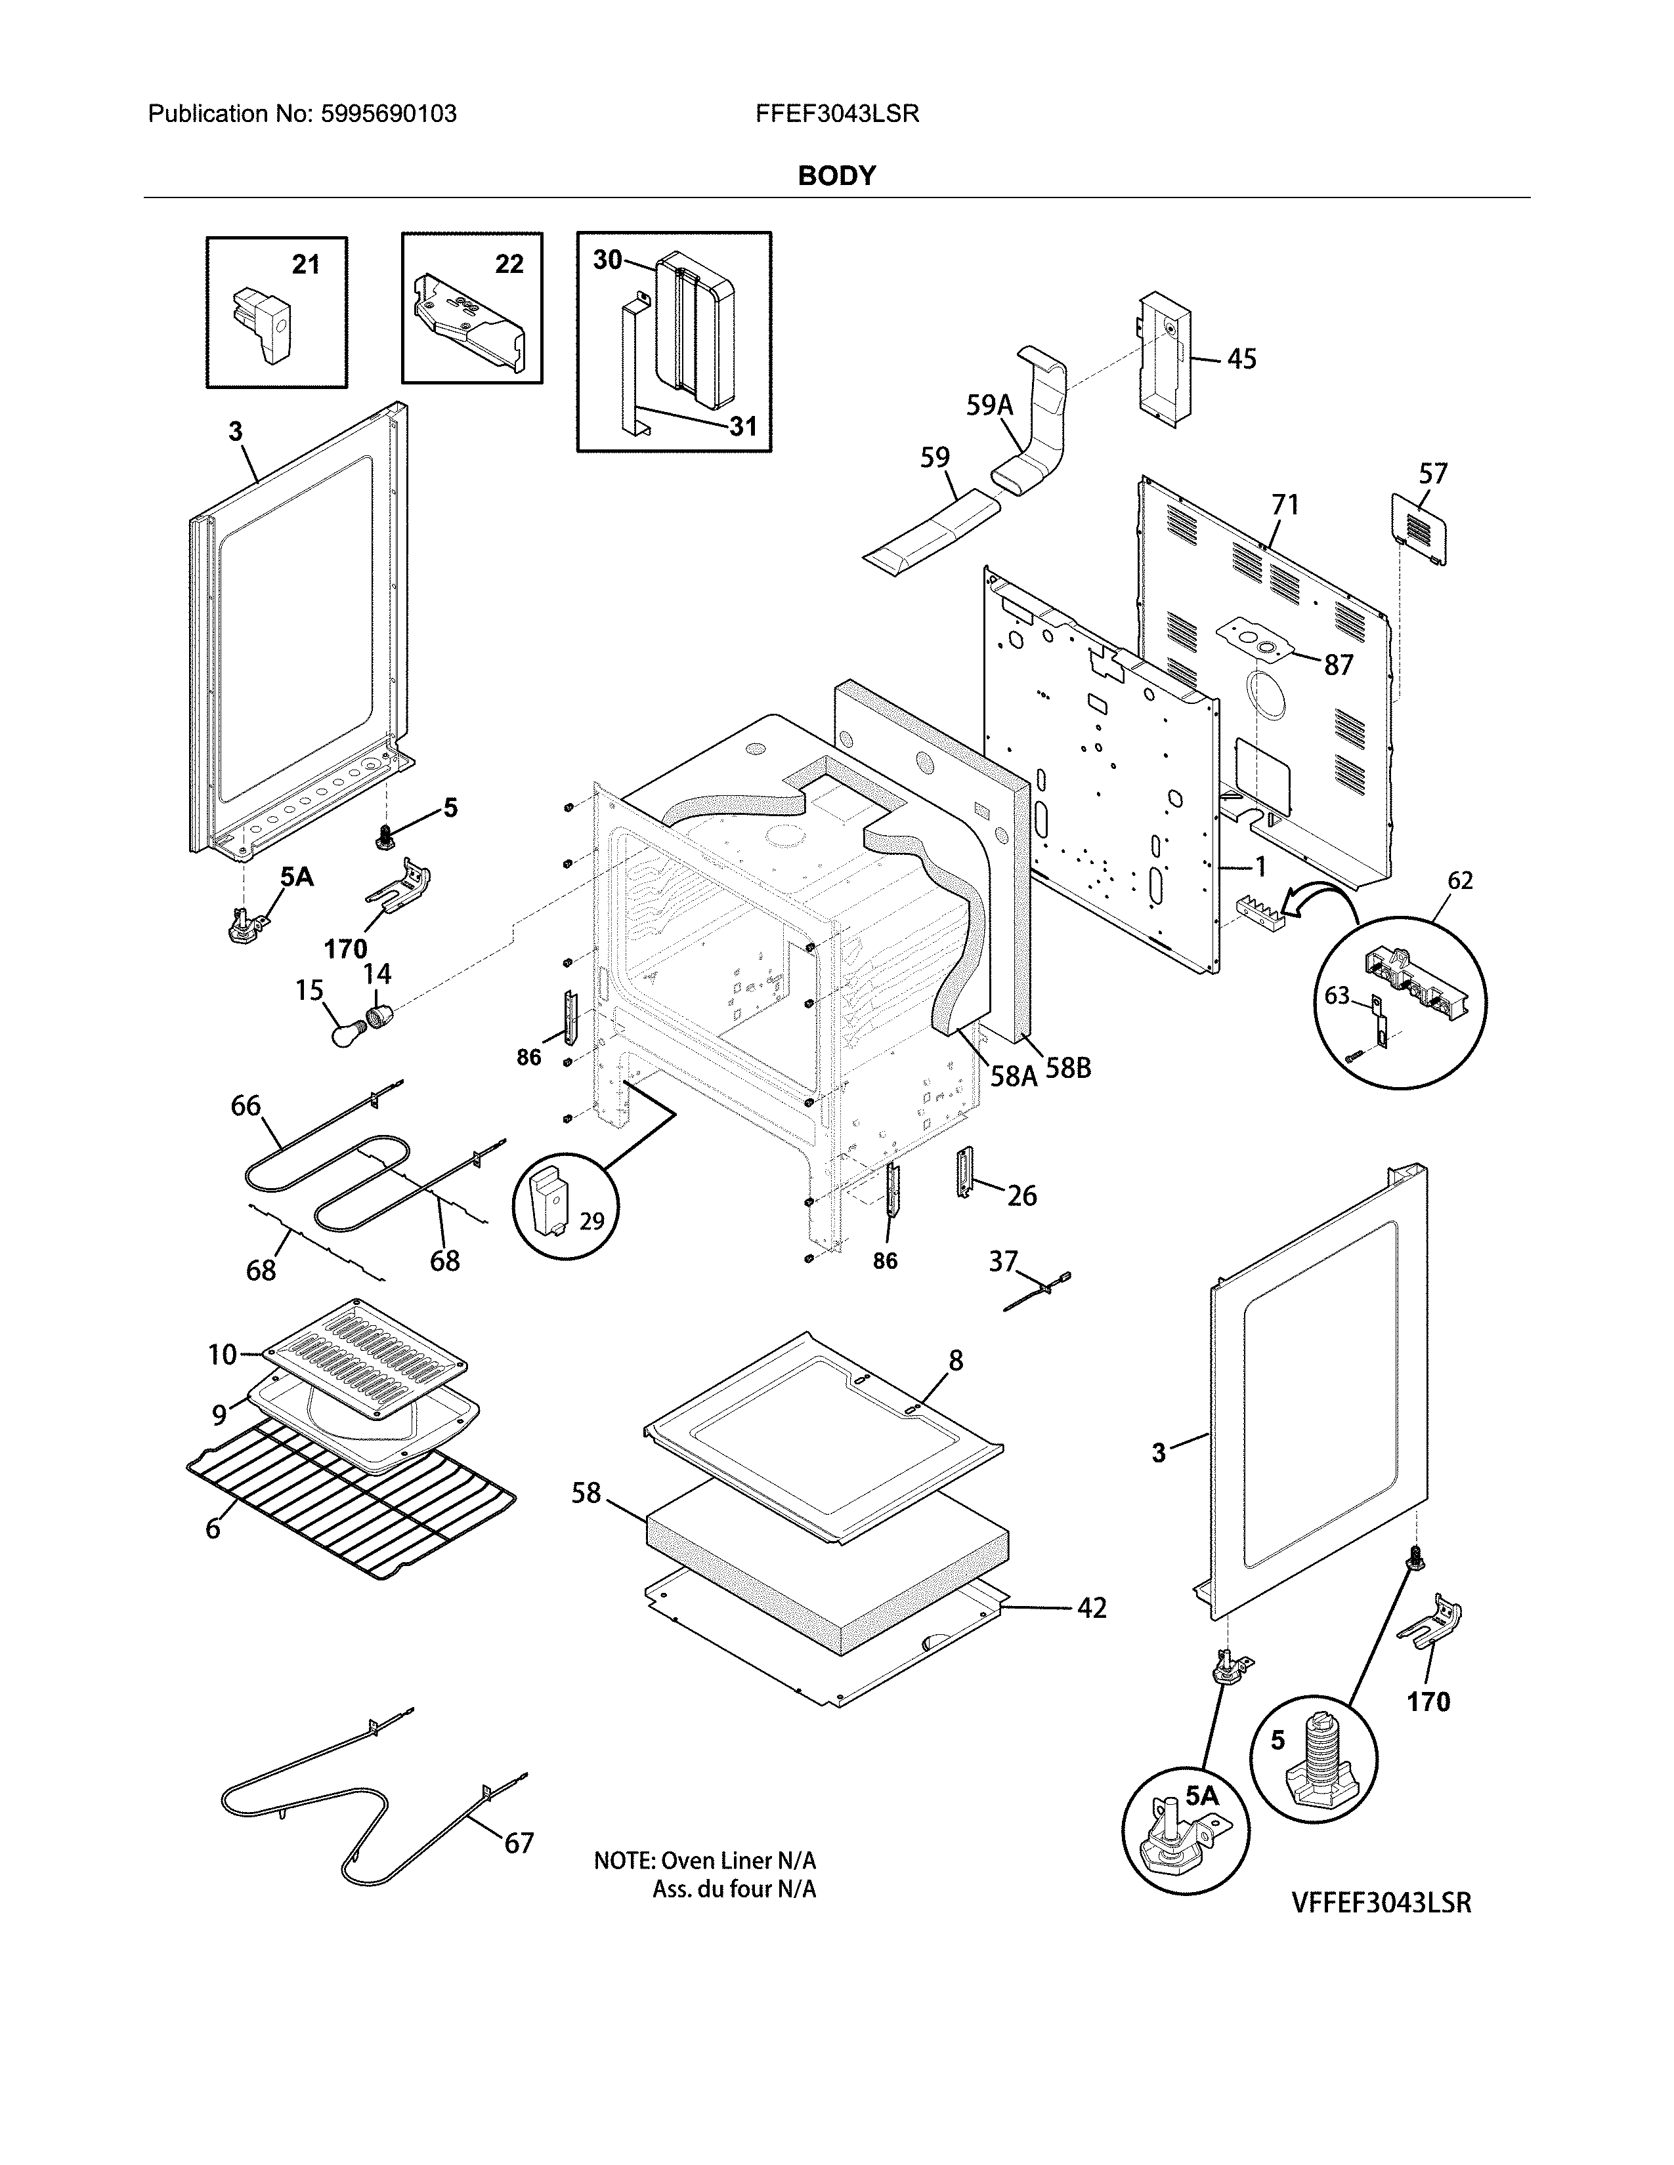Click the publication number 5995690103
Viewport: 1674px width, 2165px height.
388,114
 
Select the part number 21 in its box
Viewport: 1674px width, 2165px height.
305,264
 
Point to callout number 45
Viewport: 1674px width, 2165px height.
1241,359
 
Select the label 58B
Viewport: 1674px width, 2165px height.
1068,1069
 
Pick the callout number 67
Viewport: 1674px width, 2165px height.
519,1843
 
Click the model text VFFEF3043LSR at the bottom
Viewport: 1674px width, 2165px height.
1381,1903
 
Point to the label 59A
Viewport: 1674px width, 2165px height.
990,404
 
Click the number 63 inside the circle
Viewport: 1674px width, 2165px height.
1337,995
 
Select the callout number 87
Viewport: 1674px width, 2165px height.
1338,665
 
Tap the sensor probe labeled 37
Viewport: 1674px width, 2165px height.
1037,1292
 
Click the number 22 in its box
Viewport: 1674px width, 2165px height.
509,264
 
